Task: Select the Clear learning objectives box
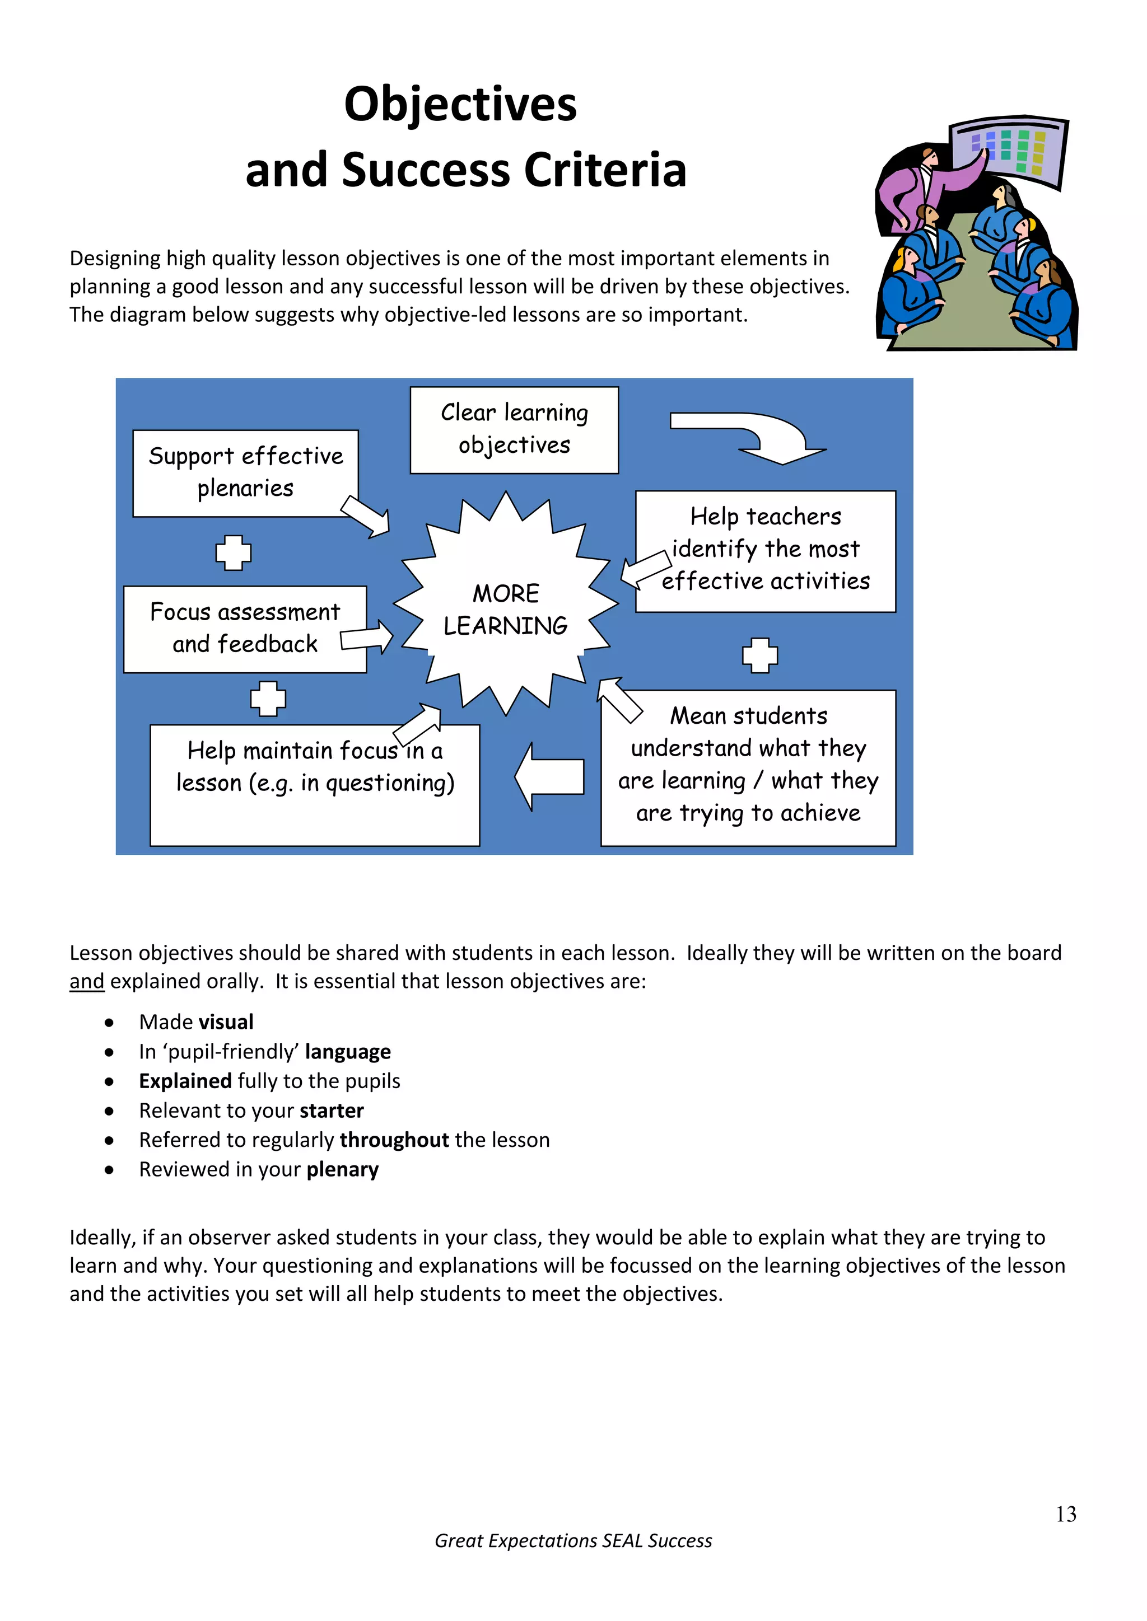(514, 429)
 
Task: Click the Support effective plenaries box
(245, 472)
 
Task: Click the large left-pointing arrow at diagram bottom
(549, 776)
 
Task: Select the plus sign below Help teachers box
(759, 655)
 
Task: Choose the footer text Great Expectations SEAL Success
(573, 1540)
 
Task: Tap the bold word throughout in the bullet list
(394, 1140)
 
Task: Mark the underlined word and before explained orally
(87, 981)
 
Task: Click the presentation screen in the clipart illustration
(1009, 151)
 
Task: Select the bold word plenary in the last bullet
(343, 1169)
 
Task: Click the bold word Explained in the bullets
(185, 1081)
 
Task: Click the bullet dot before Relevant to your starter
(109, 1111)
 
